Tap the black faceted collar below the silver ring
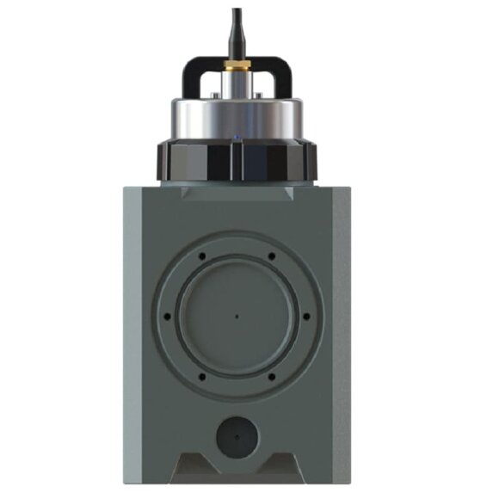[237, 158]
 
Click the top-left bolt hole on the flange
[202, 256]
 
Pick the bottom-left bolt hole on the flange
[202, 375]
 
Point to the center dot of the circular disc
[237, 315]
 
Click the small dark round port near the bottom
[237, 438]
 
